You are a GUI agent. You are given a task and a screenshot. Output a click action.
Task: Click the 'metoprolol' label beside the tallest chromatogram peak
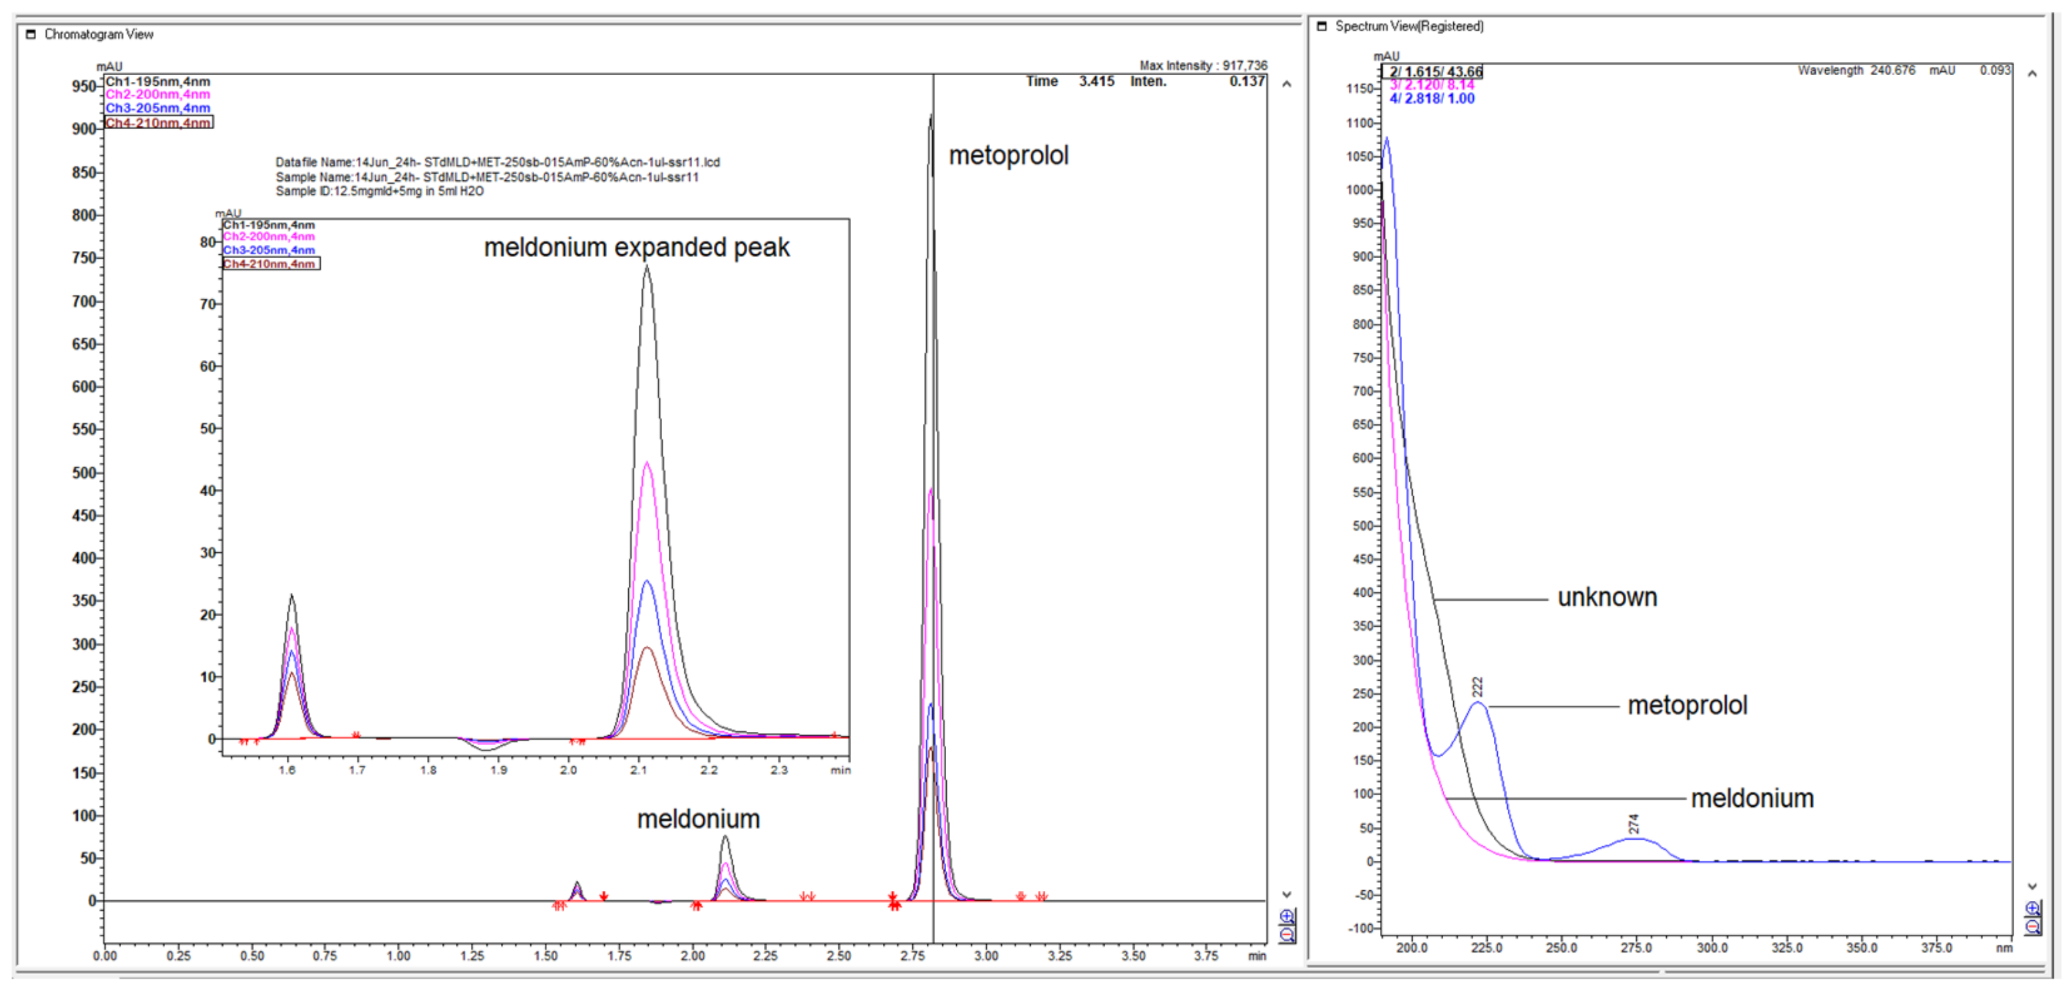1008,155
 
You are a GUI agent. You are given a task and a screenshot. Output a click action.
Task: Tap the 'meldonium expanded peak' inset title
636,248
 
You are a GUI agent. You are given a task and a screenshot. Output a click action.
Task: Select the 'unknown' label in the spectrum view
1606,597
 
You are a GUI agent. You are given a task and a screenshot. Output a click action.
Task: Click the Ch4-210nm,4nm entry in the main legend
158,123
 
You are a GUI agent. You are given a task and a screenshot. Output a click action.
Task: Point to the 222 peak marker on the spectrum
1476,687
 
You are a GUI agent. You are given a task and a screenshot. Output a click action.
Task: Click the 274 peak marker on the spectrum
1633,824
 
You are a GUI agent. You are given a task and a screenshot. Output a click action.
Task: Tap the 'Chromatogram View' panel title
98,35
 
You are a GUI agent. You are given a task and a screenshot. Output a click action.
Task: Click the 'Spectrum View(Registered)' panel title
1409,27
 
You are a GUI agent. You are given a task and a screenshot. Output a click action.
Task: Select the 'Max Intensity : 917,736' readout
1202,65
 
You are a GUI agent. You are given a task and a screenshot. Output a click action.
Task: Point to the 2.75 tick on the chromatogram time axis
912,955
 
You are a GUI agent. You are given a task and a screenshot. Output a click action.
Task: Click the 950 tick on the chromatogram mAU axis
85,86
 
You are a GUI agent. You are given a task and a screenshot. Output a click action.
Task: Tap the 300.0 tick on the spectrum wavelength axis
1711,948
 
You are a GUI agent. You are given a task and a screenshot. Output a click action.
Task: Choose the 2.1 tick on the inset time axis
638,770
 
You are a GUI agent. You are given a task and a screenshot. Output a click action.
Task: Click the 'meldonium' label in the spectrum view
1752,798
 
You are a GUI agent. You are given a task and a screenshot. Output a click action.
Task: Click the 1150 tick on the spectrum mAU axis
1359,89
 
